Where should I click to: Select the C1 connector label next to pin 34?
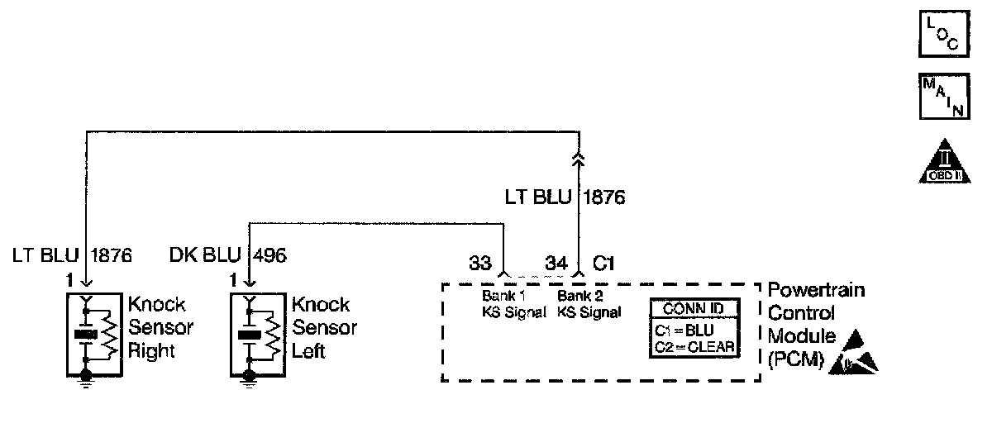(x=603, y=264)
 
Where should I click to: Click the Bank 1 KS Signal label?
(x=513, y=303)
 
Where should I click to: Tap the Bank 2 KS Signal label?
(x=589, y=303)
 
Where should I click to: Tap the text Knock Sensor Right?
(x=160, y=327)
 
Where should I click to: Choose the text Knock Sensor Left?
(x=323, y=327)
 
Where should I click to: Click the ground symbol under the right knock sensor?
(x=86, y=381)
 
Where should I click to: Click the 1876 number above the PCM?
(x=605, y=197)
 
